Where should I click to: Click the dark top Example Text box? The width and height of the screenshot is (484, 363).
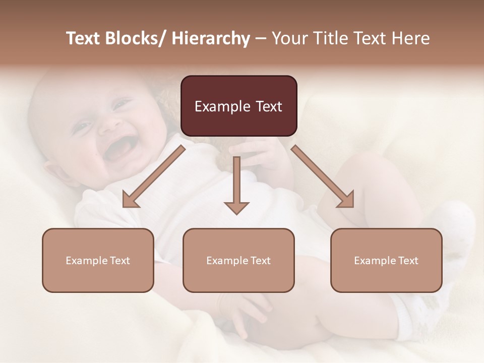click(x=238, y=106)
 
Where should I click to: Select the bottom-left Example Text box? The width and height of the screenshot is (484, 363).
click(x=98, y=260)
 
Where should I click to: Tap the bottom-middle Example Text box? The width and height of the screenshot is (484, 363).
click(x=238, y=260)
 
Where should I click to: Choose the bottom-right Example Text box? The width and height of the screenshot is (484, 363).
click(x=386, y=260)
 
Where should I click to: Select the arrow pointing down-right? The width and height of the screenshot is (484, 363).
click(x=323, y=176)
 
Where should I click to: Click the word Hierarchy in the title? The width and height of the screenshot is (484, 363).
click(x=211, y=38)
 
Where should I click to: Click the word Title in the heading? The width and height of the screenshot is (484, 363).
click(x=325, y=38)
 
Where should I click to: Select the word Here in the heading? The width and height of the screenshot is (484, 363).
click(x=411, y=38)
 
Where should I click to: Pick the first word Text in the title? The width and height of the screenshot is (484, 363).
click(x=84, y=38)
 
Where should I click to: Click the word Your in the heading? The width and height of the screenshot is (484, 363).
click(x=289, y=38)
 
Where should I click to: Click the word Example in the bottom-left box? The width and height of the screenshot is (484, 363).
click(x=86, y=261)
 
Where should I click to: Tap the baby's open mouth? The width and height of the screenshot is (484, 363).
click(x=120, y=148)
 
